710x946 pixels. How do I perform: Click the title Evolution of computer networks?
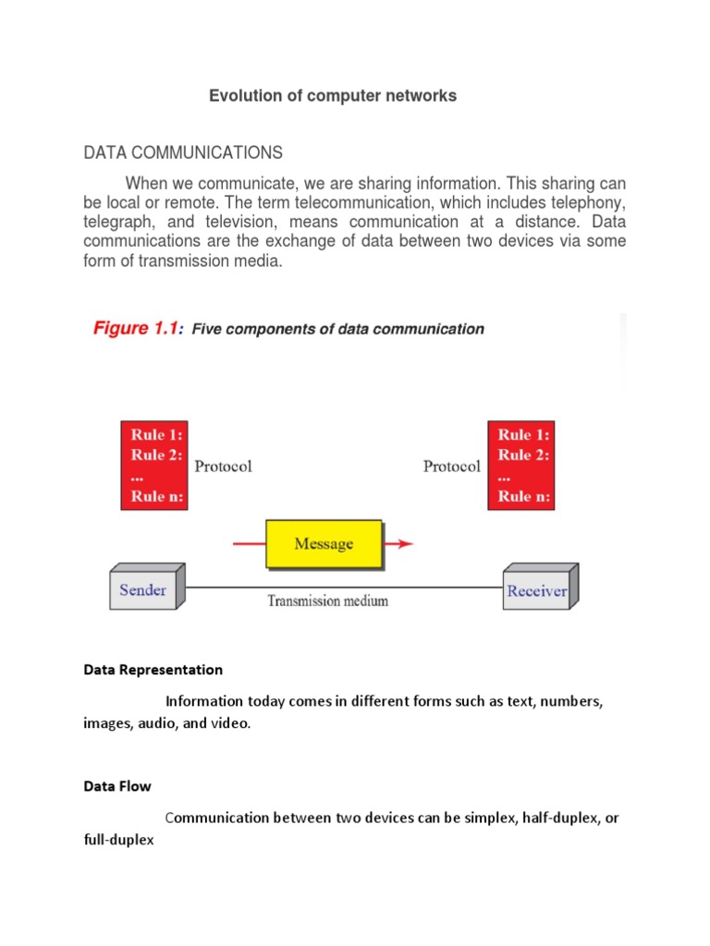332,95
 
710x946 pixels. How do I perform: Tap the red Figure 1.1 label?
139,329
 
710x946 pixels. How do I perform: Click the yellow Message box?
324,543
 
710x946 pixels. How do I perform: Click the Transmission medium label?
327,600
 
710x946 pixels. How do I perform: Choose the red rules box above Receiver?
522,466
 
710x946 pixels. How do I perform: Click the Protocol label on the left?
223,467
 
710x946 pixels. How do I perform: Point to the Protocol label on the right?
451,467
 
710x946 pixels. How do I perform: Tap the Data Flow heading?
117,786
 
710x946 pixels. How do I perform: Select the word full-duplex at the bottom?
118,842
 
